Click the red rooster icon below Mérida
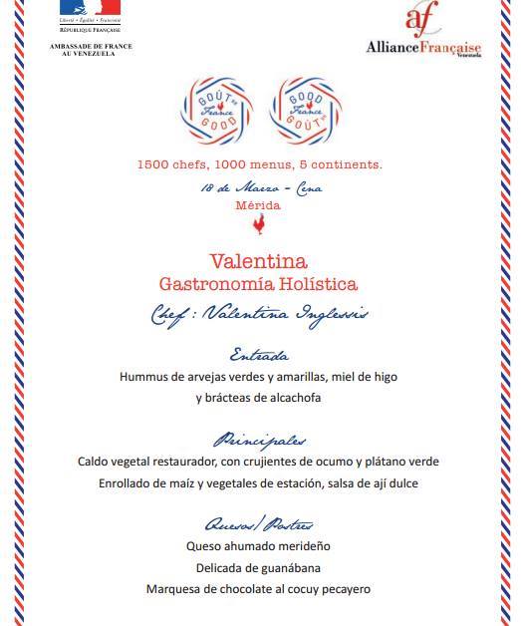click(260, 228)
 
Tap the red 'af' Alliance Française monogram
click(420, 20)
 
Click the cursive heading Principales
click(259, 440)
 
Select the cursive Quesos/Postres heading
click(259, 524)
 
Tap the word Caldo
click(96, 463)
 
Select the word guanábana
click(288, 568)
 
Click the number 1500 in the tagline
click(155, 163)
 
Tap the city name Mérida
click(259, 205)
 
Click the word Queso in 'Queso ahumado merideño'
click(205, 547)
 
